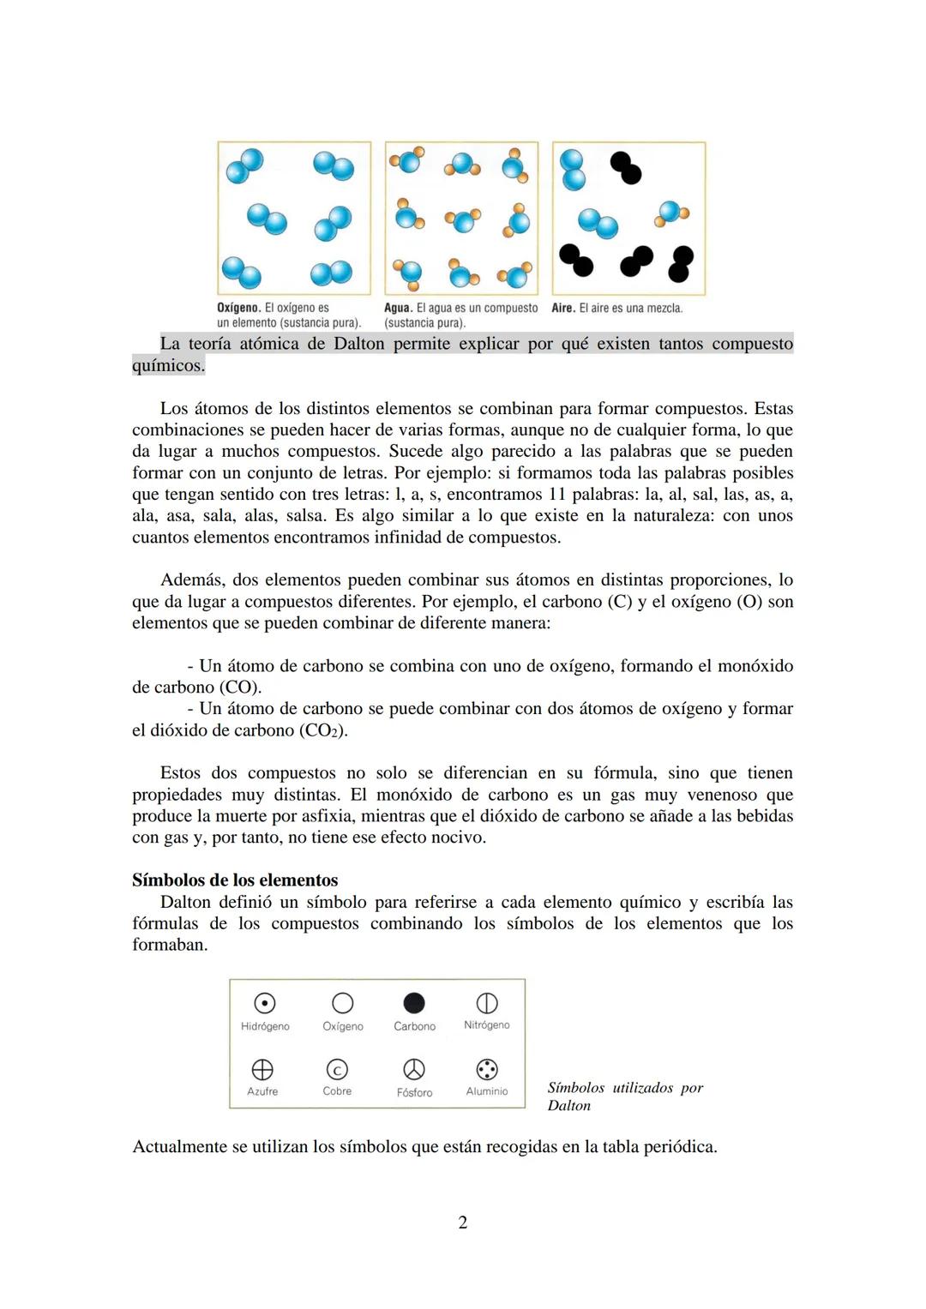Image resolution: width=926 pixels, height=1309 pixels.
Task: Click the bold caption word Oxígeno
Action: click(x=238, y=308)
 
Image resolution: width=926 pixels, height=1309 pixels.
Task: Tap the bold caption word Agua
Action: click(x=398, y=308)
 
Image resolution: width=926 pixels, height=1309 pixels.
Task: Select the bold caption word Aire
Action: click(x=563, y=308)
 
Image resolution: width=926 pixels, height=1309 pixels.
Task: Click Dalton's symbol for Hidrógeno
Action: click(x=265, y=1003)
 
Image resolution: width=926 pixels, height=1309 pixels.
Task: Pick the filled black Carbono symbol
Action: click(x=414, y=1003)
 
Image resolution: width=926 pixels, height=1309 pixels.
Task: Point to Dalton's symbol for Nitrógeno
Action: click(x=487, y=1003)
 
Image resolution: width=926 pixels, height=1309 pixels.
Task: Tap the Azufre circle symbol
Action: click(x=262, y=1069)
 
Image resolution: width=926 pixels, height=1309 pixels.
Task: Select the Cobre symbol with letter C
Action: click(x=337, y=1069)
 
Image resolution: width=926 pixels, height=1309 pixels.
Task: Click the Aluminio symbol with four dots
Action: click(x=487, y=1069)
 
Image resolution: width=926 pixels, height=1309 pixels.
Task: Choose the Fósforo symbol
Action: click(x=414, y=1069)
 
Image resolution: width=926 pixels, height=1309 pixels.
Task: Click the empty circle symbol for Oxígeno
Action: click(x=342, y=1003)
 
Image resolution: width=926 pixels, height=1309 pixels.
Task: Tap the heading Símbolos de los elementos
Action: click(x=235, y=880)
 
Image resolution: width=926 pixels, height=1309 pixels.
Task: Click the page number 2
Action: click(x=463, y=1222)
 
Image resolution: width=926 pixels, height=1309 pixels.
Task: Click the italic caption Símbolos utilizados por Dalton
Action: click(x=625, y=1096)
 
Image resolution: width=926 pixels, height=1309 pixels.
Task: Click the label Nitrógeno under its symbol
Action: click(x=487, y=1025)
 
